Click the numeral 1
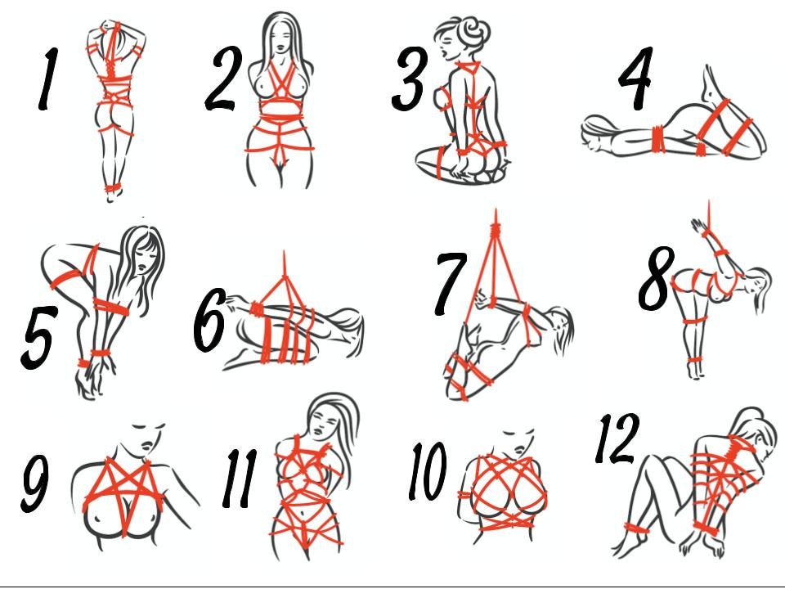click(48, 79)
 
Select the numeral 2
click(224, 79)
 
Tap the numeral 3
click(410, 79)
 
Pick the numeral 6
click(210, 321)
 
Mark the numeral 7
click(450, 283)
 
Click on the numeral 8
click(655, 278)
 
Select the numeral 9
click(35, 483)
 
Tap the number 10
click(427, 471)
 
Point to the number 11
click(240, 479)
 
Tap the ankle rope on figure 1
click(113, 188)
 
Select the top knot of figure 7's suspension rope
click(496, 232)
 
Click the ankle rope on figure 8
click(695, 362)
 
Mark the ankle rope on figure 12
click(636, 528)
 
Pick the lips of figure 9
click(147, 445)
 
